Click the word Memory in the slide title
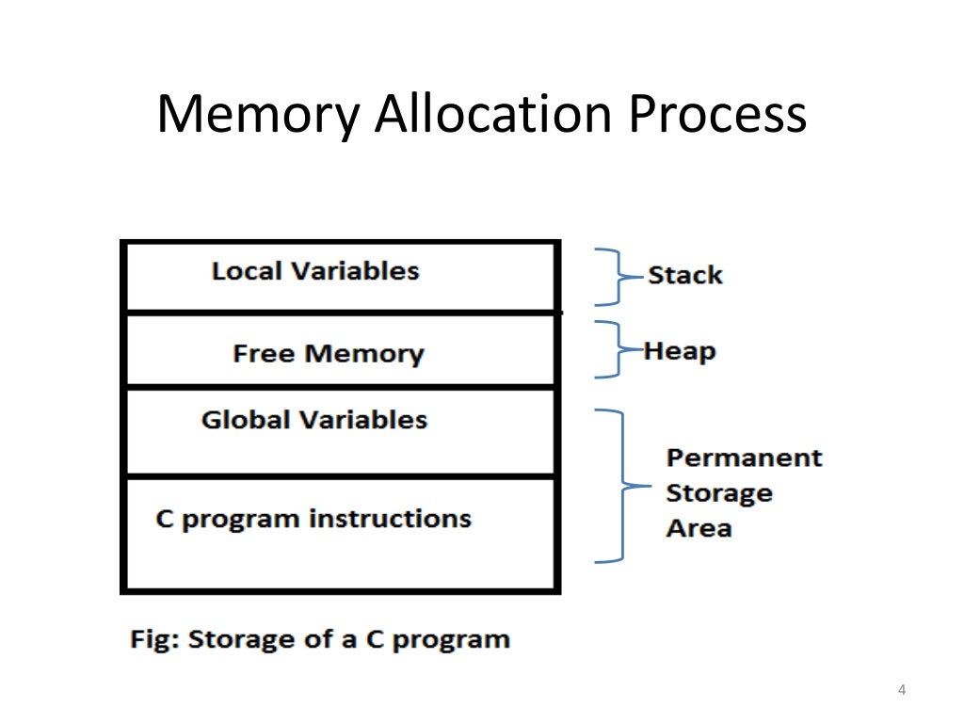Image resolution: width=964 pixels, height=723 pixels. (257, 116)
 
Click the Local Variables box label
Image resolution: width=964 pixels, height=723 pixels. (315, 271)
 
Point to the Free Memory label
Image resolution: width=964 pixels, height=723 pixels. (328, 354)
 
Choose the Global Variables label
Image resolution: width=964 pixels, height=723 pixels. (314, 420)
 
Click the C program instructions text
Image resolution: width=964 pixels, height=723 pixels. (313, 519)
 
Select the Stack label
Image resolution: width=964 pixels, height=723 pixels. (684, 276)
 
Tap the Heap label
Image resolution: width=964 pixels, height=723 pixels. (680, 352)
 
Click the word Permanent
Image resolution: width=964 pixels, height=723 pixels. (744, 458)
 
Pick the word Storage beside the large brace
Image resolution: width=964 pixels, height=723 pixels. (719, 493)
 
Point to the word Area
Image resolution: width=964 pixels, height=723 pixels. (699, 528)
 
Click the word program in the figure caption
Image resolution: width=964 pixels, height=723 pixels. (451, 641)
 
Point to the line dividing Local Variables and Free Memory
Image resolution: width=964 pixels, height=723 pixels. (341, 312)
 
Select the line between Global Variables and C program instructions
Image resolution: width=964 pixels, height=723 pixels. (341, 476)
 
